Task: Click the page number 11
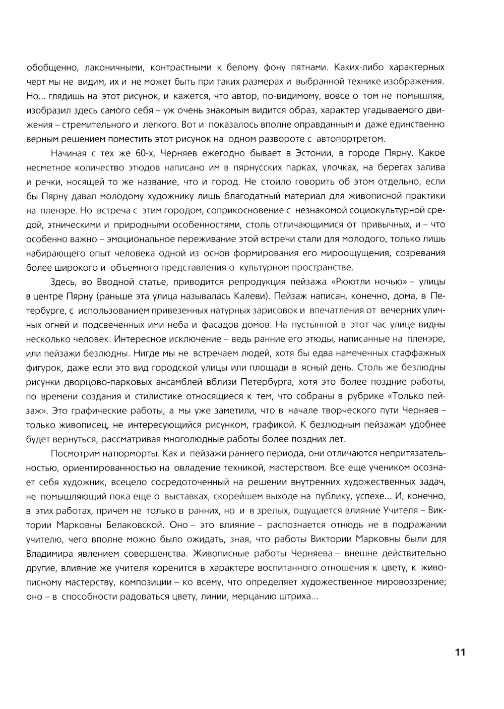tap(460, 652)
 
